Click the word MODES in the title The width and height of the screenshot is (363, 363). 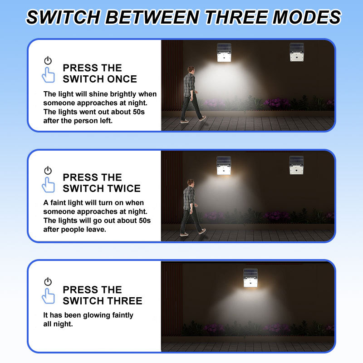click(307, 17)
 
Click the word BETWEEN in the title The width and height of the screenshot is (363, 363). click(152, 17)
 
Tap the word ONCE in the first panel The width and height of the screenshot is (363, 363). click(122, 79)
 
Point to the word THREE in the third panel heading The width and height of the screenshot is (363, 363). click(126, 301)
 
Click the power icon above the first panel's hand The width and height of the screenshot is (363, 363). click(48, 60)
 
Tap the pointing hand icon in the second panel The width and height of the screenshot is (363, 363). click(48, 185)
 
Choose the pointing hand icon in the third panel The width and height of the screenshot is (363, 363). click(48, 296)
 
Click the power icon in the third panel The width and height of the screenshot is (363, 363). click(48, 281)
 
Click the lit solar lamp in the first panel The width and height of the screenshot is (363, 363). click(224, 53)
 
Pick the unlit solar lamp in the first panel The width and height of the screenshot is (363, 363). click(297, 52)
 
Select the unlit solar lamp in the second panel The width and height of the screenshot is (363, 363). click(296, 165)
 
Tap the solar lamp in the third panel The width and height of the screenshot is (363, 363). click(250, 278)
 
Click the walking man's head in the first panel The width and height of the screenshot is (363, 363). click(191, 69)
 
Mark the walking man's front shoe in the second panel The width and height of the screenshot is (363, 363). click(202, 231)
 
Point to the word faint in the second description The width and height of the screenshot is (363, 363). click(57, 202)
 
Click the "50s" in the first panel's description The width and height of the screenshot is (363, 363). click(139, 112)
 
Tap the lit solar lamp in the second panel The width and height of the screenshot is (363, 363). click(224, 166)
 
